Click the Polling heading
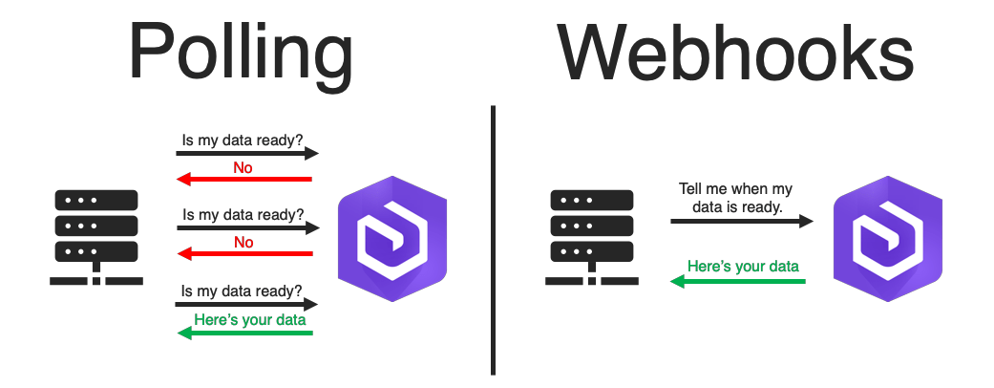pyautogui.click(x=241, y=53)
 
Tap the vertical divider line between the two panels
pyautogui.click(x=493, y=239)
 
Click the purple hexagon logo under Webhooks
pyautogui.click(x=887, y=239)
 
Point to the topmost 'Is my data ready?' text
pyautogui.click(x=243, y=138)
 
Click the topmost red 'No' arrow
pyautogui.click(x=246, y=179)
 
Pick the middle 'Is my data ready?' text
pyautogui.click(x=243, y=214)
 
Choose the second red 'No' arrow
pyautogui.click(x=246, y=253)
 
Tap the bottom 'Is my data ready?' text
pyautogui.click(x=243, y=290)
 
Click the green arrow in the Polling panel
pyautogui.click(x=246, y=332)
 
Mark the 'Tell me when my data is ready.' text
pyautogui.click(x=735, y=197)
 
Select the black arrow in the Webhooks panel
pyautogui.click(x=741, y=221)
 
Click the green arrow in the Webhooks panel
pyautogui.click(x=737, y=281)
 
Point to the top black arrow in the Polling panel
pyautogui.click(x=246, y=153)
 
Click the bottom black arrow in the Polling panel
pyautogui.click(x=246, y=304)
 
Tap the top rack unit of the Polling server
pyautogui.click(x=96, y=200)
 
